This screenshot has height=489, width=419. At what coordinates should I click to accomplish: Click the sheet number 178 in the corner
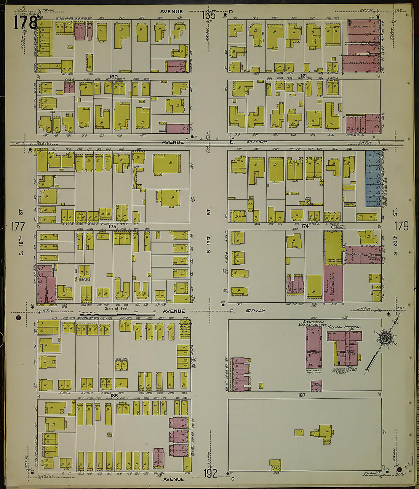[25, 22]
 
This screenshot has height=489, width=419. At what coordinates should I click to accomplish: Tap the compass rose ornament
[385, 337]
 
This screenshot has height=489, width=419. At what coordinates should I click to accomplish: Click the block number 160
[113, 77]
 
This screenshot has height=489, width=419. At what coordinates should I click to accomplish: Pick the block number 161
[304, 76]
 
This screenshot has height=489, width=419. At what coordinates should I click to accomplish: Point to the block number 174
[304, 226]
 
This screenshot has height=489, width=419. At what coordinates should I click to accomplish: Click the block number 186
[114, 396]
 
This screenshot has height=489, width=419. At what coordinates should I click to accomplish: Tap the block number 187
[302, 395]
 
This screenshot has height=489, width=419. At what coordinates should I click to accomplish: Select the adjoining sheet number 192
[210, 473]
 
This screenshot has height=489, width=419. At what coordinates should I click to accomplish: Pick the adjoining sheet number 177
[18, 227]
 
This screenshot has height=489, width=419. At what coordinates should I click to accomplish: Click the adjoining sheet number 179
[401, 226]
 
